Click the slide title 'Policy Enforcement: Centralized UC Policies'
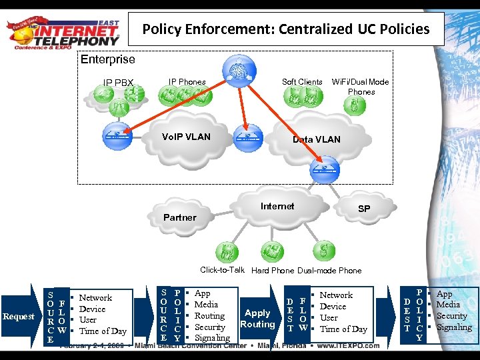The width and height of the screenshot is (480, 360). tap(286, 29)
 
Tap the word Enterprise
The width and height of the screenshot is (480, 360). tap(107, 60)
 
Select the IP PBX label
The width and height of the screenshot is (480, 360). tap(118, 83)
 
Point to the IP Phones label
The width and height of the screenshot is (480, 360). tap(187, 82)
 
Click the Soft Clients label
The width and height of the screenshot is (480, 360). tap(302, 82)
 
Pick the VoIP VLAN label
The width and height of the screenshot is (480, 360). tap(186, 137)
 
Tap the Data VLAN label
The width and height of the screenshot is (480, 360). tap(317, 139)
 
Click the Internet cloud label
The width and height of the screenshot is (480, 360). tap(277, 206)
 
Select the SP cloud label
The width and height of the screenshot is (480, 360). tap(364, 209)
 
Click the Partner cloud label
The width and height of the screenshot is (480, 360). tap(180, 217)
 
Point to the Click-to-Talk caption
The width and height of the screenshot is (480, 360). tap(223, 270)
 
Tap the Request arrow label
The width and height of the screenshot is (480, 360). tap(18, 316)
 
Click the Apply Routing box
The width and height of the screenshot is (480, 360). tap(257, 318)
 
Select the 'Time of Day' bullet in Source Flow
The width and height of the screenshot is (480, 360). tap(103, 331)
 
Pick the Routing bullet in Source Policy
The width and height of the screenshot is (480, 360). tap(209, 316)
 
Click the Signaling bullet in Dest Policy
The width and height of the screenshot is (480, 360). tap(454, 327)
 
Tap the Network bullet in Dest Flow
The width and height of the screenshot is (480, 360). tap(336, 295)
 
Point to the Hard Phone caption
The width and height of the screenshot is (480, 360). tap(273, 271)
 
